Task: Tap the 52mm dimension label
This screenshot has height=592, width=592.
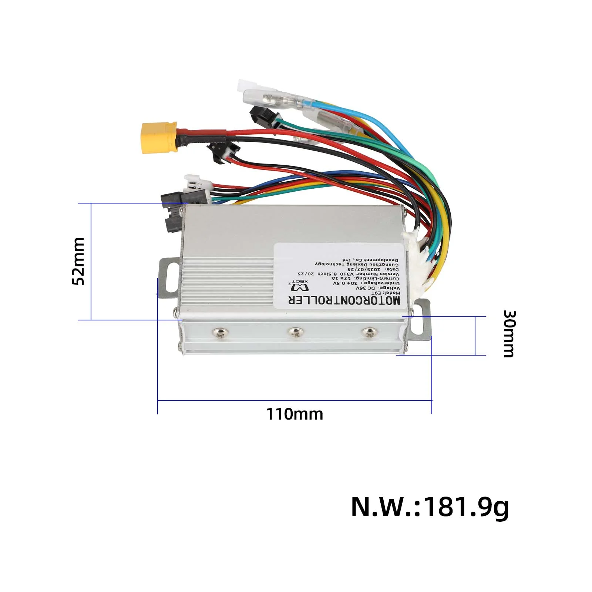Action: coord(78,261)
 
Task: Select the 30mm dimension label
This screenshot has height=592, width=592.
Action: coord(509,334)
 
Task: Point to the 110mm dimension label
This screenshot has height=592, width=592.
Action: coord(295,414)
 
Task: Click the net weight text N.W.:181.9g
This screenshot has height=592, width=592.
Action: coord(430,507)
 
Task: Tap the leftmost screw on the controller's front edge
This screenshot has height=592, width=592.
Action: coord(220,333)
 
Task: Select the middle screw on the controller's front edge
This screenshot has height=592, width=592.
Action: coord(295,332)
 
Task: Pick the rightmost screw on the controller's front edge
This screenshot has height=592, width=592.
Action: coord(369,332)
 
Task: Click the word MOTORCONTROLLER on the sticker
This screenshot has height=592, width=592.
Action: coord(344,300)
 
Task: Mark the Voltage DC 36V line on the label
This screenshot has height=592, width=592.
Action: coord(378,288)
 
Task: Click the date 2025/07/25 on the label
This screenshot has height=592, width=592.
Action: coord(377,269)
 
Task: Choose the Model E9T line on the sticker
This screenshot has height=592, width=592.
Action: coord(388,293)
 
